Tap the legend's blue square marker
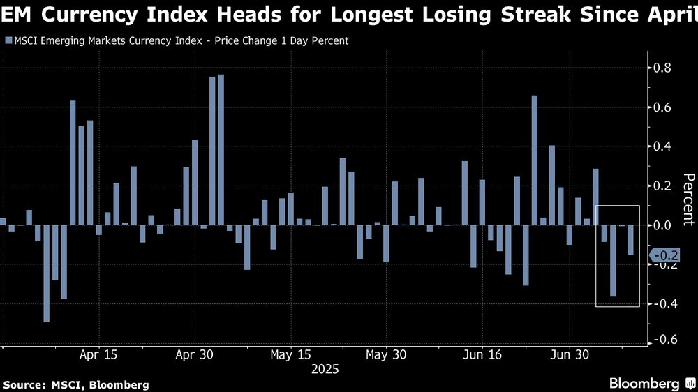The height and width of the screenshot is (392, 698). pyautogui.click(x=8, y=40)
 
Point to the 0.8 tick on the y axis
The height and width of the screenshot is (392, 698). pyautogui.click(x=662, y=68)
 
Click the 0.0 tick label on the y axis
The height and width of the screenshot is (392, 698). pyautogui.click(x=662, y=225)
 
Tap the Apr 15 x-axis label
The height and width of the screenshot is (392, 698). pyautogui.click(x=98, y=354)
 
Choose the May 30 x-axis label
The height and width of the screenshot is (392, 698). pyautogui.click(x=386, y=354)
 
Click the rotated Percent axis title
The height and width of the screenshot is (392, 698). pyautogui.click(x=688, y=199)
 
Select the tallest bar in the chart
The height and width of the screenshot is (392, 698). pyautogui.click(x=221, y=149)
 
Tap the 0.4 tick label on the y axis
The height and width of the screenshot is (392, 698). pyautogui.click(x=662, y=146)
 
